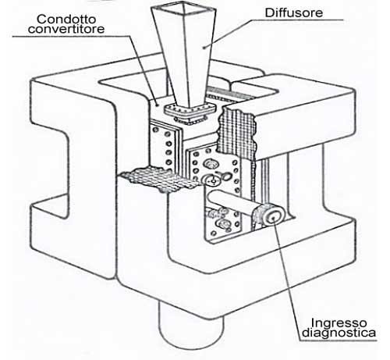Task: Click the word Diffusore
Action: click(294, 12)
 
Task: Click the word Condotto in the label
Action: click(66, 19)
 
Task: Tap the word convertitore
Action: click(66, 29)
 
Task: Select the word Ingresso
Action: click(339, 323)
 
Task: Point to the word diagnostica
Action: click(339, 333)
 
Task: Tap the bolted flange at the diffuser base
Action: click(190, 111)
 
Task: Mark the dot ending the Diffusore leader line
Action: click(204, 48)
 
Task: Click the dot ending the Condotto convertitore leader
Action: click(157, 105)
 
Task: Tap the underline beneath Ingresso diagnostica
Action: click(338, 340)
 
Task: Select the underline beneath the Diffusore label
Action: click(298, 20)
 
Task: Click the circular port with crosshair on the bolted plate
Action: click(213, 180)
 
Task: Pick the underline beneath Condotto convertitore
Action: click(71, 36)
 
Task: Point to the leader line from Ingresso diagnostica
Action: click(287, 279)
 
